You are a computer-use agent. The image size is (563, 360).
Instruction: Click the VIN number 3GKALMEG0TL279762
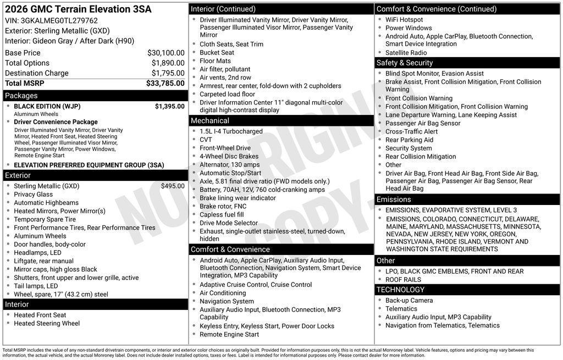pos(59,21)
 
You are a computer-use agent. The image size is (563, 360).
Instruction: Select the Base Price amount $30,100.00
pos(165,53)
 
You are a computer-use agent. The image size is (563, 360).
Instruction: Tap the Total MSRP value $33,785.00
pos(165,84)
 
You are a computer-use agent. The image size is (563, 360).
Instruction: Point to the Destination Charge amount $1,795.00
pos(168,73)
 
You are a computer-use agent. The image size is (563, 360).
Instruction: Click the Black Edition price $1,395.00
pos(169,106)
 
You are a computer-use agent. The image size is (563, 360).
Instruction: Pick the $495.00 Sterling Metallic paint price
pos(173,186)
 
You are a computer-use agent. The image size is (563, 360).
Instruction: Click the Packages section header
pos(21,96)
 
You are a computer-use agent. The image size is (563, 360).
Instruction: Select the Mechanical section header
pos(210,120)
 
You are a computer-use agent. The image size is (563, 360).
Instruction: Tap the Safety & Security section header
pos(405,63)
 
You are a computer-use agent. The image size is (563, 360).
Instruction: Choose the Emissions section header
pos(394,199)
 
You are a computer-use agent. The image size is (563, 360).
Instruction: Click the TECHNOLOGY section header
pos(400,290)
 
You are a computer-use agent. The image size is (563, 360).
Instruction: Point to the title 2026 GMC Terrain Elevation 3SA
pos(78,9)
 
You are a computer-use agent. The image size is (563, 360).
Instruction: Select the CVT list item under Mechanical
pos(206,140)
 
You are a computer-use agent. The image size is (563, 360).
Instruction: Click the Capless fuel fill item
pos(222,215)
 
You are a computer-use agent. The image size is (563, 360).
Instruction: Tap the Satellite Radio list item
pos(406,53)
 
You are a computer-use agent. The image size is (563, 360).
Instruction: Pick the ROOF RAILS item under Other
pos(404,280)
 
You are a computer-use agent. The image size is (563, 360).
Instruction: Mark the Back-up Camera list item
pos(409,301)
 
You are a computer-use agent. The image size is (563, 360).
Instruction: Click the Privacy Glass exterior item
pos(34,195)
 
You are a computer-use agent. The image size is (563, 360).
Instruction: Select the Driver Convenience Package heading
pos(56,122)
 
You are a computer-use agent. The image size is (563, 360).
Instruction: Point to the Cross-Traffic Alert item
pos(411,132)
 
